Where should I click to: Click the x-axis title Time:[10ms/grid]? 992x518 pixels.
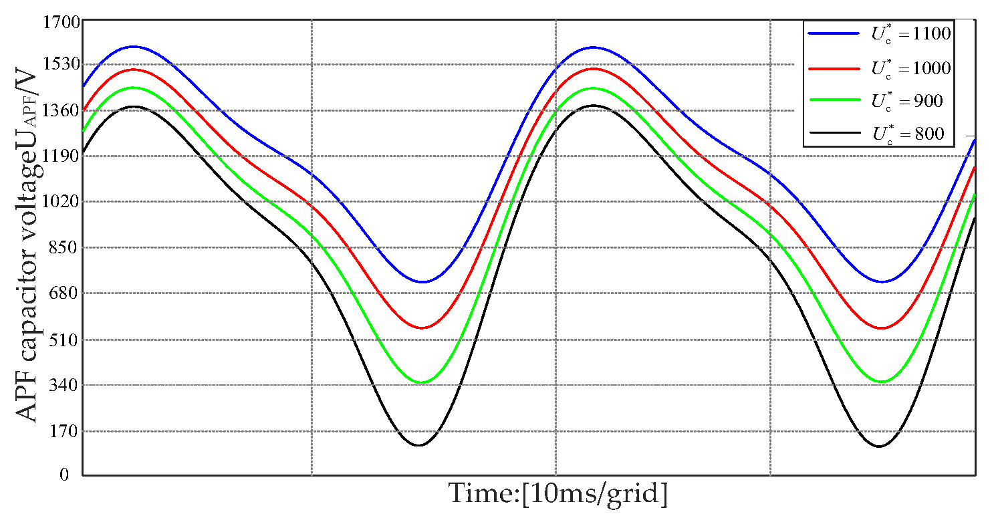coord(557,495)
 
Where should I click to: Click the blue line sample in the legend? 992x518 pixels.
coord(833,33)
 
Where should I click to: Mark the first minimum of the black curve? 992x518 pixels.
coord(418,445)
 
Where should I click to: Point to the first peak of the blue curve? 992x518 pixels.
coord(134,47)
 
